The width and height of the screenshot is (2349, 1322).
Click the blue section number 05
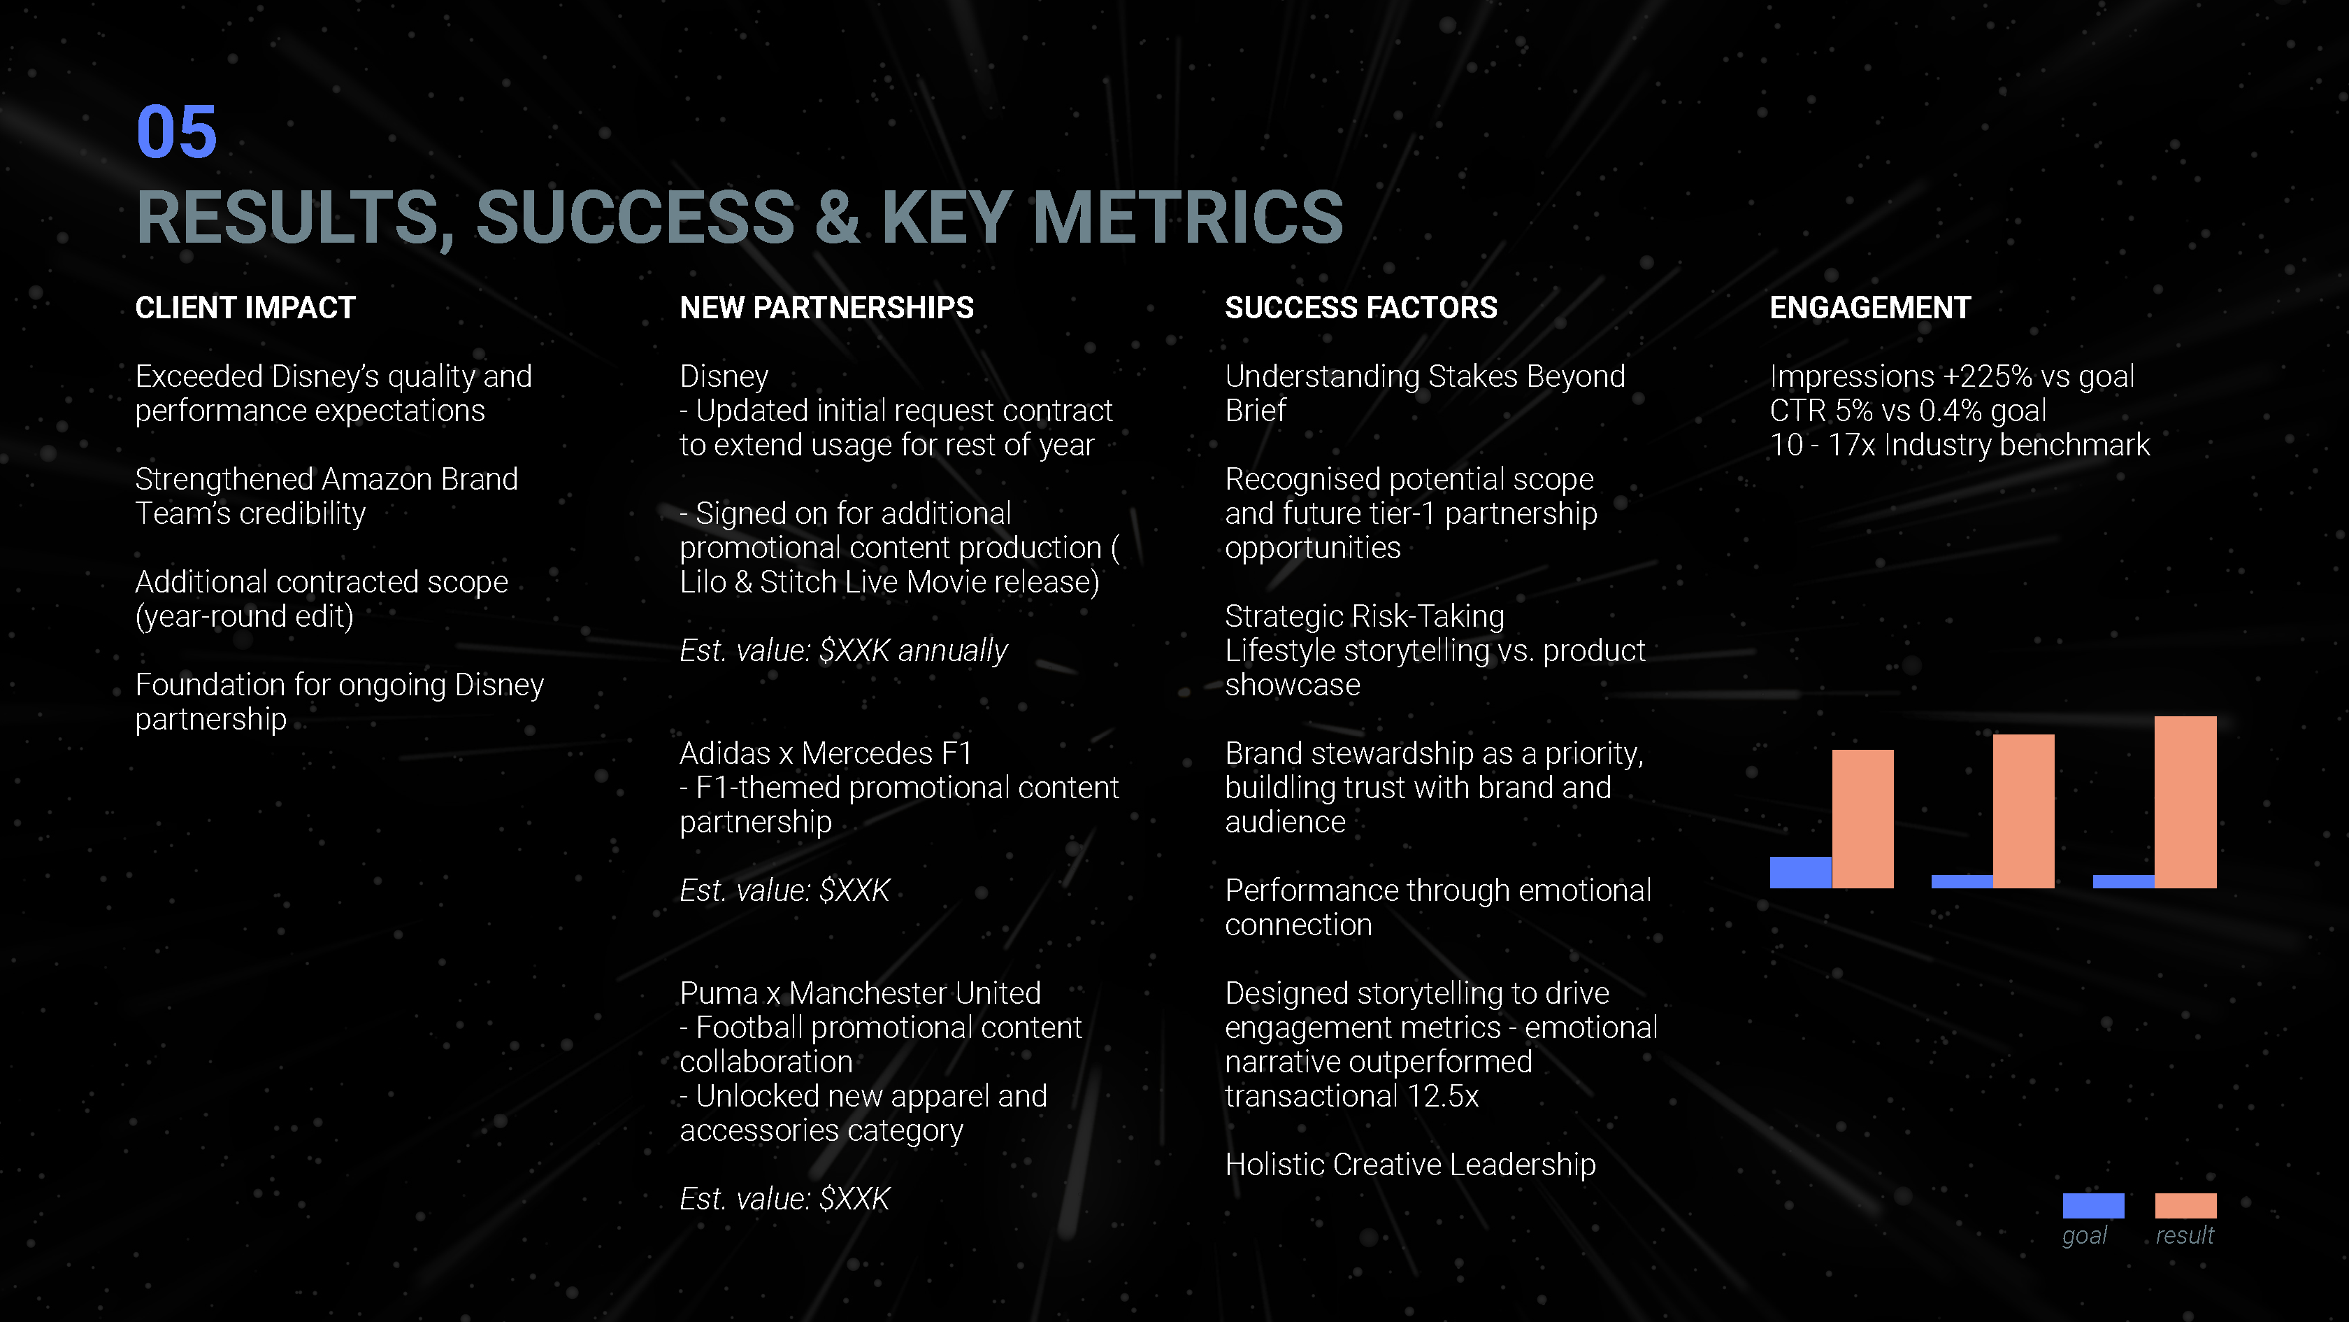176,132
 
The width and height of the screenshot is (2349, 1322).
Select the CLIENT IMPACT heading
245,308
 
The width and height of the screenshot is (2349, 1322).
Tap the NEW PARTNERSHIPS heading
826,308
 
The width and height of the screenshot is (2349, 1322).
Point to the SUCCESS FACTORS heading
1360,308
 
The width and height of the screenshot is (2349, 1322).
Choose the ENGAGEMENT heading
1869,308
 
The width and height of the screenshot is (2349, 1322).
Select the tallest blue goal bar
1800,872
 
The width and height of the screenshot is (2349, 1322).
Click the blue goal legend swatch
2092,1205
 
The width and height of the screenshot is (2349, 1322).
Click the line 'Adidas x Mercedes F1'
825,753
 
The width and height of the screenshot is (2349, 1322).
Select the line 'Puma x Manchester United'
860,993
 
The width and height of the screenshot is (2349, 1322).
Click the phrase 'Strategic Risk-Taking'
1364,617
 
